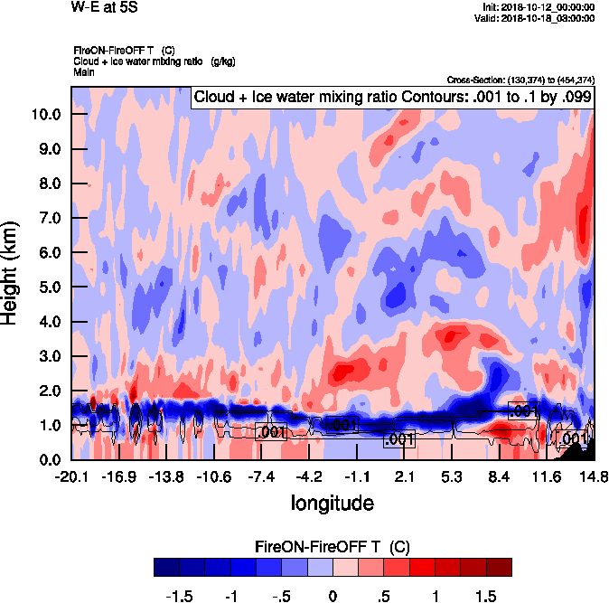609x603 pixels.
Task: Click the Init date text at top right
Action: pyautogui.click(x=539, y=7)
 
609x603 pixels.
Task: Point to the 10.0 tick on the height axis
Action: pyautogui.click(x=47, y=114)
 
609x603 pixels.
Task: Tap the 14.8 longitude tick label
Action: pyautogui.click(x=594, y=476)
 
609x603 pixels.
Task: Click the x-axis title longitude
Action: pyautogui.click(x=332, y=502)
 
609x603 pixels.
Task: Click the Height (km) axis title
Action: pyautogui.click(x=12, y=272)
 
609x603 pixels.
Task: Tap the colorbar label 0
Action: pyautogui.click(x=332, y=598)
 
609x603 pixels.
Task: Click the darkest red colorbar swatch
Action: pyautogui.click(x=499, y=567)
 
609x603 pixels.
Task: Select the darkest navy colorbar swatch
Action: pyautogui.click(x=166, y=567)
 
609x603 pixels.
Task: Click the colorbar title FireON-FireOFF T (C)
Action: pyautogui.click(x=333, y=546)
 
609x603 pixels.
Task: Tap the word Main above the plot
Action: pyautogui.click(x=83, y=71)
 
